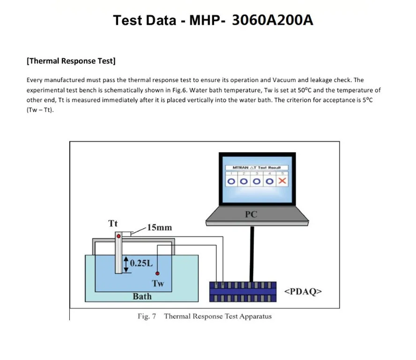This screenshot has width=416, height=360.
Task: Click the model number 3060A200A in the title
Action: coord(273,21)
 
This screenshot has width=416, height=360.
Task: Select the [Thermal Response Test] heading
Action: coord(71,61)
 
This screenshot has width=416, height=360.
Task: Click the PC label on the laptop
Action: coord(251,215)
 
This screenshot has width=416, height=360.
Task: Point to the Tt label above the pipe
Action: coord(113,224)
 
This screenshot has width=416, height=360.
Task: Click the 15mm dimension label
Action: coord(159,228)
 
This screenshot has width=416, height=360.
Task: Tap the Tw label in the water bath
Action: coord(158,283)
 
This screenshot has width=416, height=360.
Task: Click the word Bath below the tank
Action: coord(142,296)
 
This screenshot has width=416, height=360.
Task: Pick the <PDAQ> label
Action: coord(303,292)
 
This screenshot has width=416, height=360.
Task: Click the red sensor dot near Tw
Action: coord(158,273)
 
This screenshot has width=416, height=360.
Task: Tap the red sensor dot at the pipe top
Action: coord(119,236)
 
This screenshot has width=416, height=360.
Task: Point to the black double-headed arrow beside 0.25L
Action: coord(126,263)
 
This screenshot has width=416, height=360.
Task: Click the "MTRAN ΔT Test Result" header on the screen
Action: coord(256,168)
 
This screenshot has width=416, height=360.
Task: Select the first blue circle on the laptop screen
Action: coord(231,181)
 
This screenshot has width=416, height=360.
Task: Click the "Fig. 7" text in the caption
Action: coord(147,316)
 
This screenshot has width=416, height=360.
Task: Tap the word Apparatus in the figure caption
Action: coord(255,316)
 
